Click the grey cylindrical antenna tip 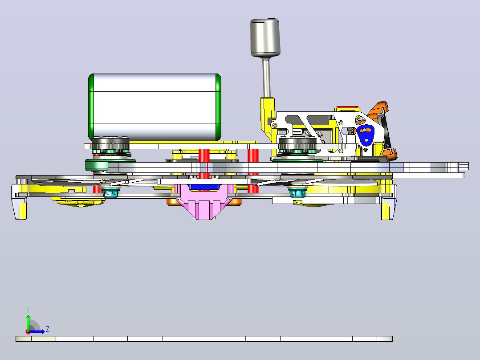(265, 37)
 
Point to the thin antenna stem (266, 78)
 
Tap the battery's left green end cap (91, 107)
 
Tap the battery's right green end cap (218, 107)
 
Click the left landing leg (19, 202)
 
